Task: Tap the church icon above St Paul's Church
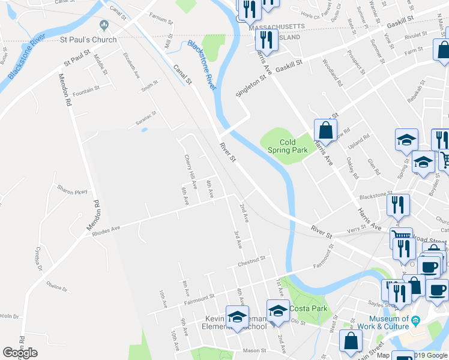(x=104, y=26)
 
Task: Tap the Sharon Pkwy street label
(x=73, y=191)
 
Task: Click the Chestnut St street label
(x=251, y=260)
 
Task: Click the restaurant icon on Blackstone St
(x=398, y=205)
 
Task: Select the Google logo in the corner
(x=20, y=353)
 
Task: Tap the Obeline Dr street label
(x=58, y=287)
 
